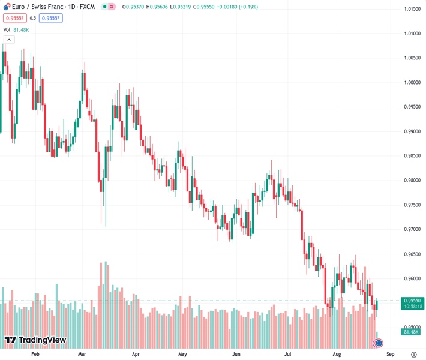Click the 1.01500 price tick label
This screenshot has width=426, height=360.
(x=411, y=9)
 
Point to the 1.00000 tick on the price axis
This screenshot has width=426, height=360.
(x=411, y=83)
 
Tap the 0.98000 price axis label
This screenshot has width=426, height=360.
(x=411, y=181)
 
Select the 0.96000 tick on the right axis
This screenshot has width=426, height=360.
(x=411, y=279)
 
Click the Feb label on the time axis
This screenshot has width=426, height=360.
(x=35, y=355)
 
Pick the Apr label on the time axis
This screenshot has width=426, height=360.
(x=135, y=355)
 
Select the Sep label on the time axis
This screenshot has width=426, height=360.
(x=389, y=355)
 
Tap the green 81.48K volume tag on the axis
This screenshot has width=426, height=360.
(x=411, y=331)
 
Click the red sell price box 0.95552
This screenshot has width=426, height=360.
(x=14, y=18)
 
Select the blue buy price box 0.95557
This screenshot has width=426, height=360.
(x=50, y=18)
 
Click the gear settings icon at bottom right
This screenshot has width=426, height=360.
(x=414, y=355)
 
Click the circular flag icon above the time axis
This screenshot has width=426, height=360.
(x=378, y=343)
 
